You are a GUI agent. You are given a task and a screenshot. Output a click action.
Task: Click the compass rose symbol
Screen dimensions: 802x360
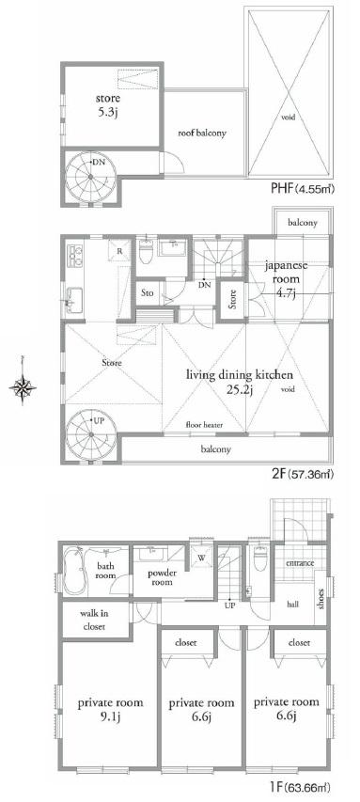(25, 385)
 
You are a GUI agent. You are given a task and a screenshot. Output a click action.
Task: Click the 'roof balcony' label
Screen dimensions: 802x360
(202, 133)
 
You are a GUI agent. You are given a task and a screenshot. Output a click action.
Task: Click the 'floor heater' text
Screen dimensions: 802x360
(203, 425)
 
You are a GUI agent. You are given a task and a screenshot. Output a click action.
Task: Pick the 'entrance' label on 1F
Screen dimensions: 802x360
(301, 562)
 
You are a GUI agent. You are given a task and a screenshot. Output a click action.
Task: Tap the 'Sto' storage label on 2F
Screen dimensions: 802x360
(148, 293)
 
